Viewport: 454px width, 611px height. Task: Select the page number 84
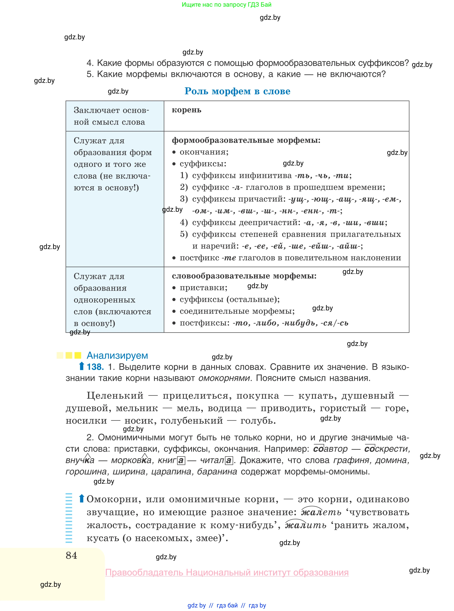pyautogui.click(x=72, y=555)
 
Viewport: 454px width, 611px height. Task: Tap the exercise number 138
pyautogui.click(x=95, y=367)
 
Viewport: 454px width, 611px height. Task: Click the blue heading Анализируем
pyautogui.click(x=117, y=355)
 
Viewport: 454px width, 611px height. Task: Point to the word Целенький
pyautogui.click(x=115, y=396)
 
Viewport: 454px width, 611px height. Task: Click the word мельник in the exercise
pyautogui.click(x=137, y=408)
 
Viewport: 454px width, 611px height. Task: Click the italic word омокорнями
pyautogui.click(x=224, y=378)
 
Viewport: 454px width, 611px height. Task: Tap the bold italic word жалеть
pyautogui.click(x=321, y=512)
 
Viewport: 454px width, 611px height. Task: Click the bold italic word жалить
pyautogui.click(x=306, y=525)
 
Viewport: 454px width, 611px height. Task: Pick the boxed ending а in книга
pyautogui.click(x=181, y=460)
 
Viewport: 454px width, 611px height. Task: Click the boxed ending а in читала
pyautogui.click(x=229, y=460)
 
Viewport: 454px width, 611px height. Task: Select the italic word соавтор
pyautogui.click(x=330, y=449)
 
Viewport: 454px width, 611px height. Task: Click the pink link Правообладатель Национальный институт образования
pyautogui.click(x=227, y=573)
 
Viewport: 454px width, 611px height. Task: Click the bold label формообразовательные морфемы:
pyautogui.click(x=246, y=140)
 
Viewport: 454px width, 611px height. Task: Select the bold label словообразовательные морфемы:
pyautogui.click(x=244, y=276)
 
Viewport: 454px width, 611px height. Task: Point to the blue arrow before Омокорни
pyautogui.click(x=81, y=499)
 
